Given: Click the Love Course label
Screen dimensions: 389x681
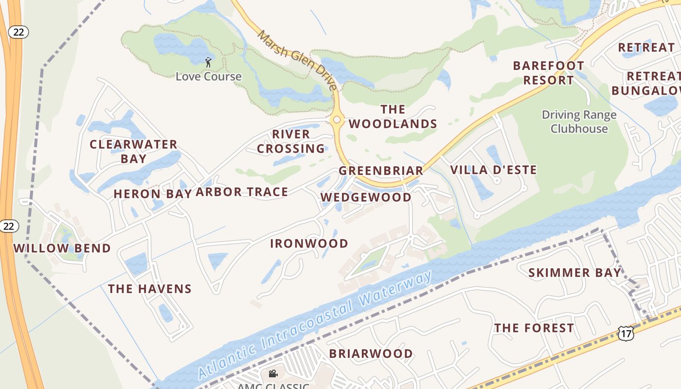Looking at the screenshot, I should click(x=208, y=76).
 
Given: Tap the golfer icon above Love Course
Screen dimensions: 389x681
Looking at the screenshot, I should click(x=208, y=62).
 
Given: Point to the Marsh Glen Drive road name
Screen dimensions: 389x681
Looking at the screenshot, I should click(x=297, y=60).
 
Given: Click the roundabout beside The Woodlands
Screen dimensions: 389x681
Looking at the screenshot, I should click(x=337, y=119).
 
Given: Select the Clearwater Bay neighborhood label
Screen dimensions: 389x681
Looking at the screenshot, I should click(x=133, y=151).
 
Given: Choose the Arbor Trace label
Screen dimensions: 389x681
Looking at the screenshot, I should click(x=242, y=192).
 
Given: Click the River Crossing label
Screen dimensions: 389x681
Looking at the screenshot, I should click(x=291, y=141).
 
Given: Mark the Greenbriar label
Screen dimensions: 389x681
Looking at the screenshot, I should click(x=381, y=171).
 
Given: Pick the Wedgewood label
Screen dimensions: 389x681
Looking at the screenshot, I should click(x=366, y=197).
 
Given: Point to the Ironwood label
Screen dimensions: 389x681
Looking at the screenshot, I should click(x=309, y=243).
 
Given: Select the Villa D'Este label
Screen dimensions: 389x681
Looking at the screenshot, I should click(x=493, y=170).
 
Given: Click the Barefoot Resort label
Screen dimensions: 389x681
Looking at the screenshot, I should click(x=549, y=72).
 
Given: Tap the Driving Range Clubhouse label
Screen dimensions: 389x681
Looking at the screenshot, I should click(x=579, y=122).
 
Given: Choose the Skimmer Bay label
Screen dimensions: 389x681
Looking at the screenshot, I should click(x=575, y=272).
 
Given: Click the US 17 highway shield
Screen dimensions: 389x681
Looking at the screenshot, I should click(x=626, y=333).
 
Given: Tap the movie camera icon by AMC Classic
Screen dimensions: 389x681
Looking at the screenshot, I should click(x=273, y=373).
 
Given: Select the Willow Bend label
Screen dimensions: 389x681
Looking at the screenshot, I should click(x=62, y=248).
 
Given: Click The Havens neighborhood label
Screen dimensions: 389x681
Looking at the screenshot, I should click(x=149, y=289).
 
